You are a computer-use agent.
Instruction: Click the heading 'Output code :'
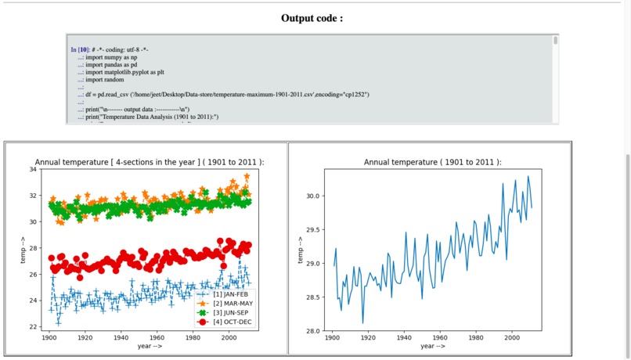[x=312, y=18]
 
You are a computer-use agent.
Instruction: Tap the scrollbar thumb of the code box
[x=555, y=40]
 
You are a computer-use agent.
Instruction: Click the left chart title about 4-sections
[x=150, y=162]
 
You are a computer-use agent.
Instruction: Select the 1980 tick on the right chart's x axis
[x=477, y=337]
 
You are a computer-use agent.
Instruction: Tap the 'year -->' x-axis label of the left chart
[x=150, y=346]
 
